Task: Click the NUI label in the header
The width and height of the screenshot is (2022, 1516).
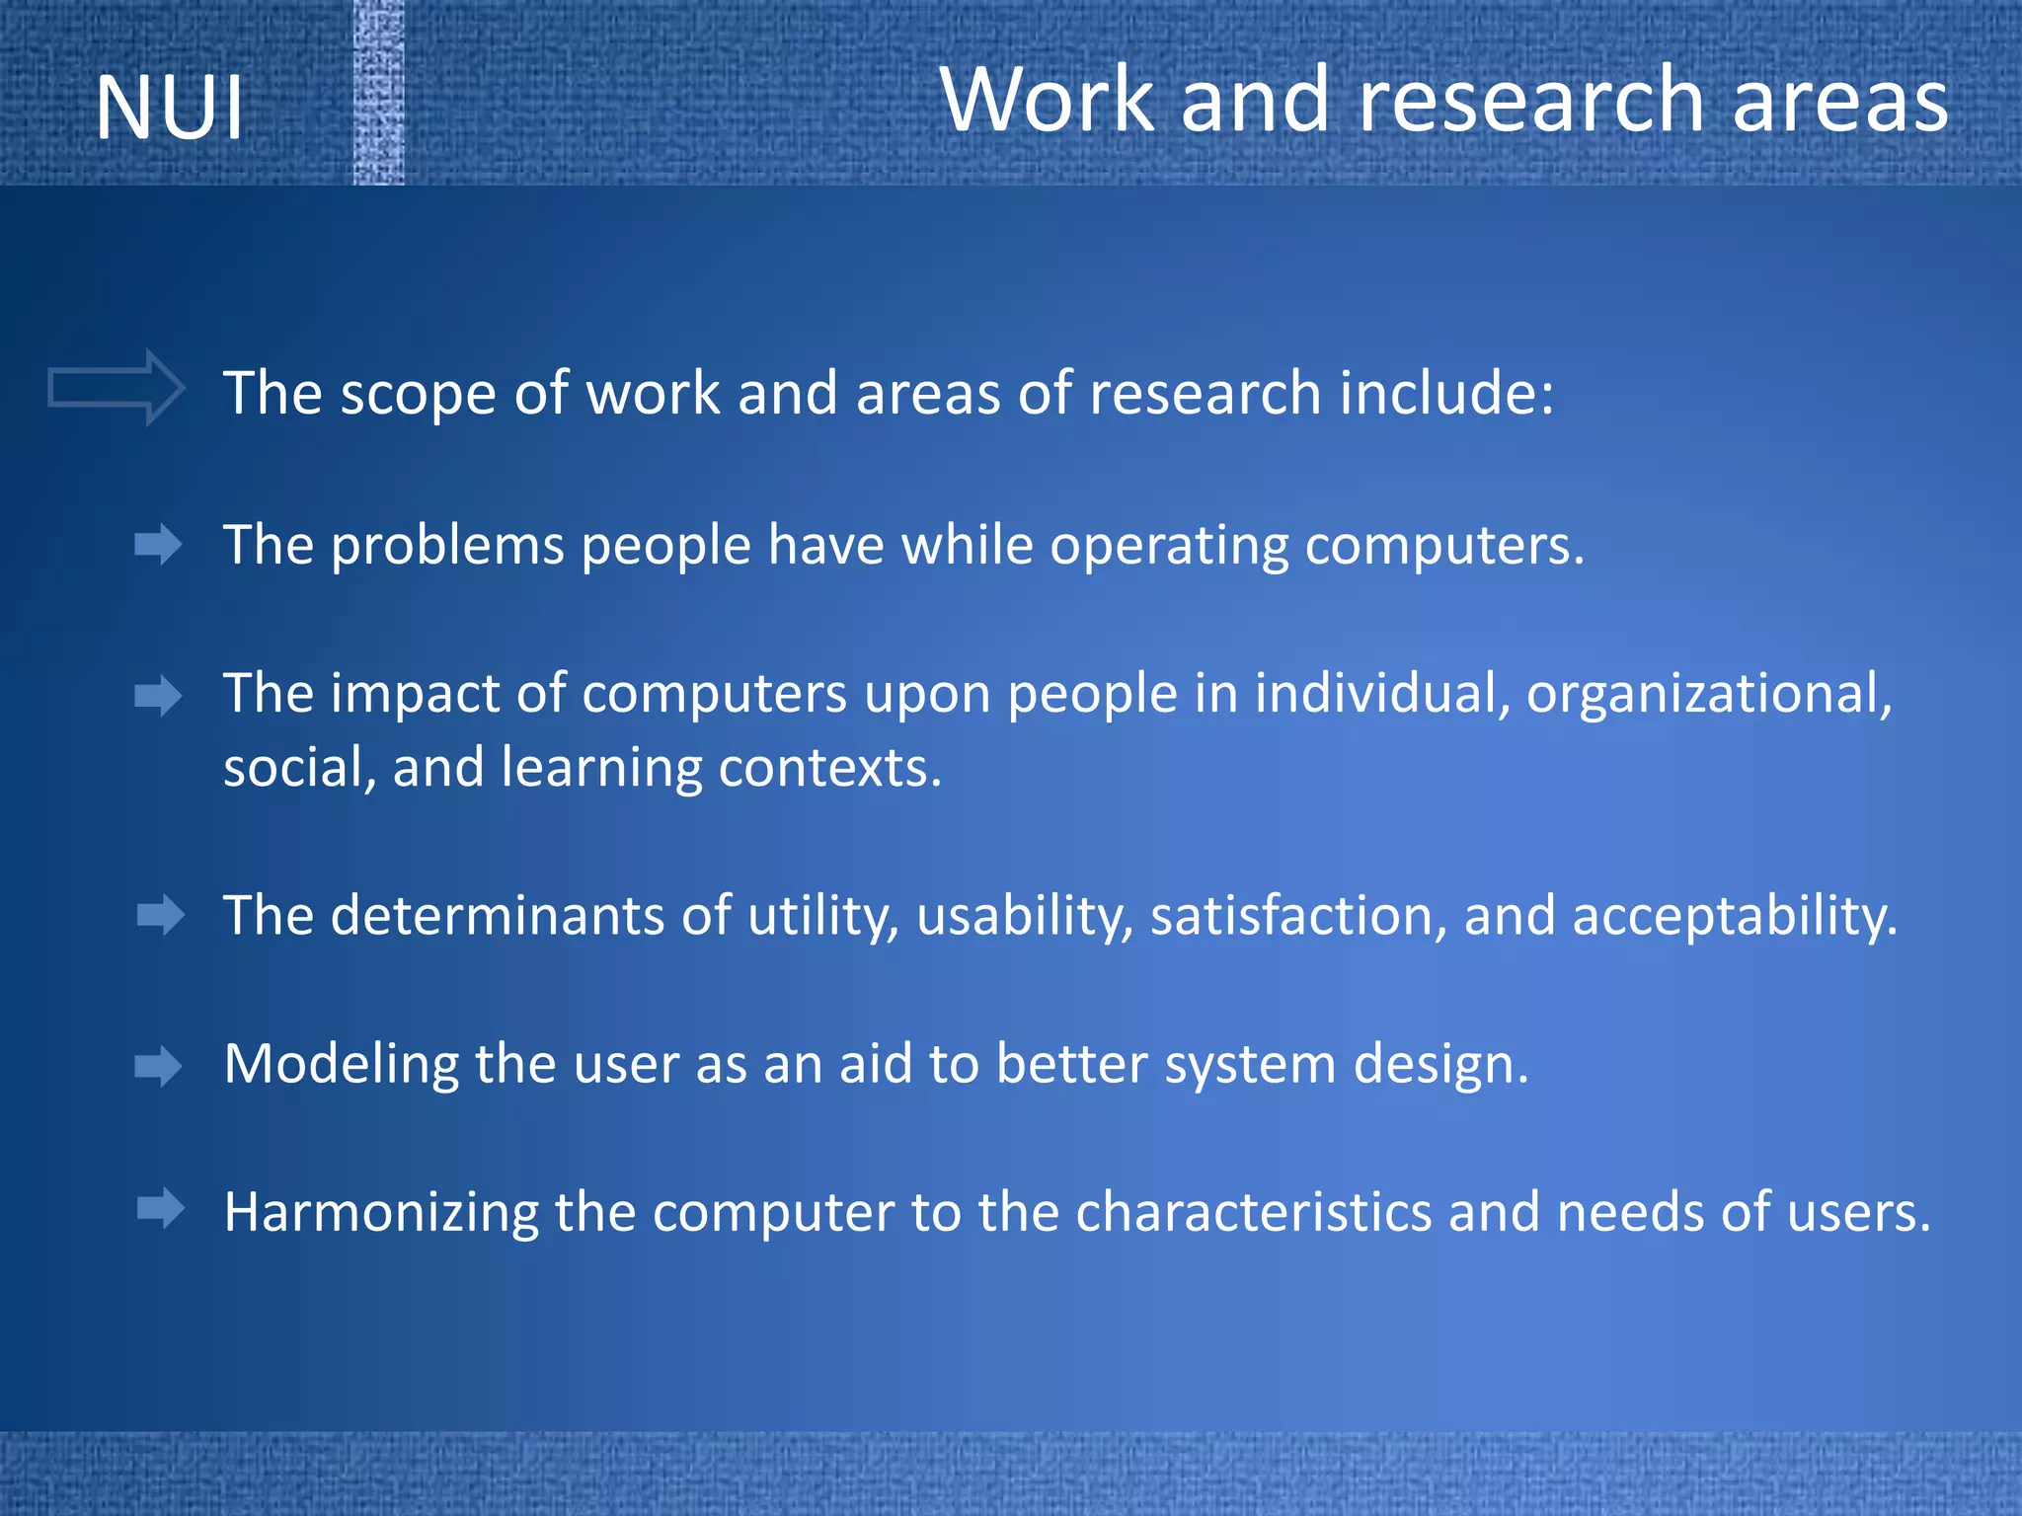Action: coord(170,108)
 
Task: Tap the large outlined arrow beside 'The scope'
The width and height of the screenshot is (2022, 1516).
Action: coord(117,388)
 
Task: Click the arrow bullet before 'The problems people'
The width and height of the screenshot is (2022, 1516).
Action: coord(159,545)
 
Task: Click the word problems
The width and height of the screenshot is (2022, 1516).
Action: coord(446,546)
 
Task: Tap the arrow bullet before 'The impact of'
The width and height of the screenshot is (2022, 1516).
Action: coord(159,697)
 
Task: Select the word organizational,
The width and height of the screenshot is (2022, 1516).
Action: coord(1708,694)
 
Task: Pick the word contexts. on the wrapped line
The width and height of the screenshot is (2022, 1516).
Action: coord(829,768)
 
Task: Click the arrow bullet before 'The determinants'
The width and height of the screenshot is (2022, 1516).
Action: coord(161,916)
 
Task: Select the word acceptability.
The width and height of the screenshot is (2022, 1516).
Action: coord(1734,917)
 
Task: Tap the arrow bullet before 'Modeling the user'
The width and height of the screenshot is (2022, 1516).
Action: coord(159,1066)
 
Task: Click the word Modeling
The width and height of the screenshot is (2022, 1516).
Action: coord(341,1066)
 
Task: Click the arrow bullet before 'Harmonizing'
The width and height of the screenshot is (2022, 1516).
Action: coord(161,1208)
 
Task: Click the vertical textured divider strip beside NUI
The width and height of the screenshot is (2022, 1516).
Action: coord(379,93)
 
